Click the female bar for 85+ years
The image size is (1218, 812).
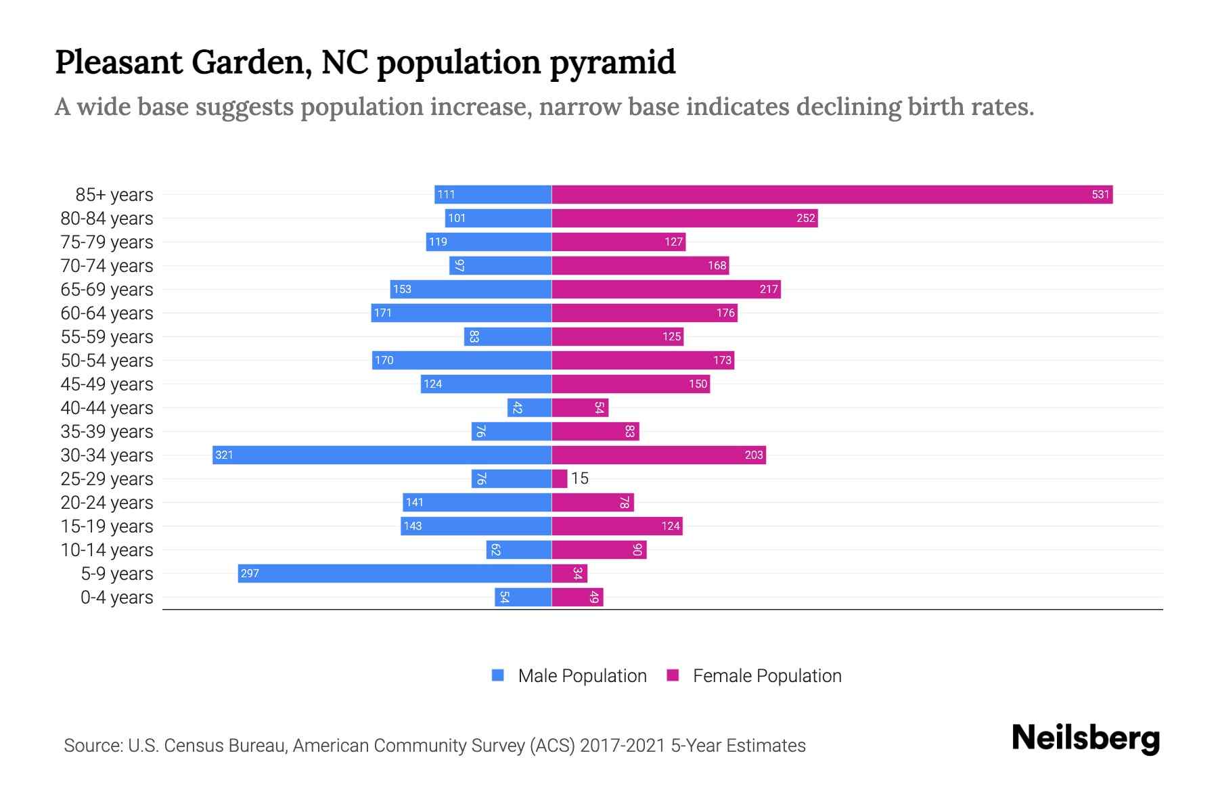tap(832, 195)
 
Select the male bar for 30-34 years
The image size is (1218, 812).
tap(382, 455)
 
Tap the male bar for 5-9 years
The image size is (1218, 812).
tap(394, 574)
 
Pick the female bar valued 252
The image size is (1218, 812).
tap(685, 219)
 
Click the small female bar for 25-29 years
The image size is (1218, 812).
tap(560, 479)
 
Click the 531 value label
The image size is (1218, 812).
tap(1100, 195)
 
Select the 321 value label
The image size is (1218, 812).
tap(224, 455)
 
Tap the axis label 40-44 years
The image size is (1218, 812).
tap(107, 408)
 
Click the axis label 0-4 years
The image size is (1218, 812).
tap(116, 597)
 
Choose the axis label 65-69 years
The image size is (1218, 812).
tap(107, 290)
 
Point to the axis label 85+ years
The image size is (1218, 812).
tap(114, 195)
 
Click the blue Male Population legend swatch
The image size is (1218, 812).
tap(498, 675)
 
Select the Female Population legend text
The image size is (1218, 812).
tap(767, 676)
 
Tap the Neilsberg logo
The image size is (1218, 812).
tap(1085, 738)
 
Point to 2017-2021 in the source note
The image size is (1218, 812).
tap(623, 746)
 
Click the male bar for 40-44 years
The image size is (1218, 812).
tap(530, 408)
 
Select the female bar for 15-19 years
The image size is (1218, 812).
tap(617, 526)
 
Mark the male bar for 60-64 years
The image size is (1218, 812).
tap(461, 313)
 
